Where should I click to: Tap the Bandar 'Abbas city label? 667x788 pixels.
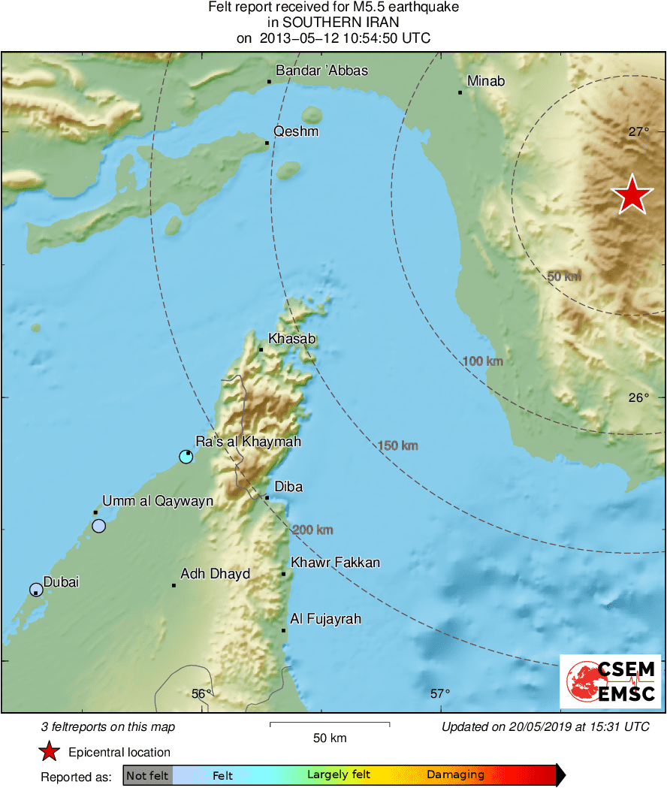click(321, 71)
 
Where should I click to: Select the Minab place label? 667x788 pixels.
click(485, 81)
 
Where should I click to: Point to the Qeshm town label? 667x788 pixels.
click(296, 131)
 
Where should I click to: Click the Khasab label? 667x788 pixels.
click(292, 339)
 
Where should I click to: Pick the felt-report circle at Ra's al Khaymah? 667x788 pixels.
click(186, 456)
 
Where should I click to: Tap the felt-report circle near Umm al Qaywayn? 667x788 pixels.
click(98, 526)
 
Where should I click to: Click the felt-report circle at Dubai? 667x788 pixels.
click(36, 590)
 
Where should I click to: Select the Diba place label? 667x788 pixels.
click(288, 487)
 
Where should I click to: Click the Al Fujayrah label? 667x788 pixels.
click(325, 619)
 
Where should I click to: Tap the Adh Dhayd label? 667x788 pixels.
click(215, 575)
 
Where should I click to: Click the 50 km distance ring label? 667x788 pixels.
click(564, 276)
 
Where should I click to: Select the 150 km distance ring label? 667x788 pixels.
click(398, 446)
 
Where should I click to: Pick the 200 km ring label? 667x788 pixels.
click(312, 530)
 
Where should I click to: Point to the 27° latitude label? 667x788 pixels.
click(638, 132)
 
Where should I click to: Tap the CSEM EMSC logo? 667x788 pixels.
click(610, 681)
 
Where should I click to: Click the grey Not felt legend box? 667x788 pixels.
click(147, 775)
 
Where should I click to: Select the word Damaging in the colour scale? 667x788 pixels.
click(455, 775)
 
